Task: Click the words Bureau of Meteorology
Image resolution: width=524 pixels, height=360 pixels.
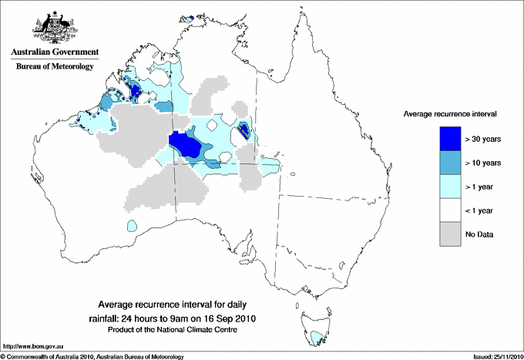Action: click(x=54, y=67)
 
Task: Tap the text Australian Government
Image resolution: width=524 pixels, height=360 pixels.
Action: click(x=54, y=52)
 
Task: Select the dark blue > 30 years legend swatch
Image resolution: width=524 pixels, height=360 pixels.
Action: click(x=450, y=139)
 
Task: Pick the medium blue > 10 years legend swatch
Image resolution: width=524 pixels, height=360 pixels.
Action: click(x=450, y=163)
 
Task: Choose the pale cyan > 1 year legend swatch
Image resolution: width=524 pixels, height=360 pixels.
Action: click(x=450, y=187)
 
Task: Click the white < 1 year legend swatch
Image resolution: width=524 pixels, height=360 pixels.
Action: click(x=450, y=210)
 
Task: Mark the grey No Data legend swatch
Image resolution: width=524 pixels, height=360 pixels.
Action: click(x=450, y=234)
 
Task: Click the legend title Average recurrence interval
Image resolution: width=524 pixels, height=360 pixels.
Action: click(x=450, y=113)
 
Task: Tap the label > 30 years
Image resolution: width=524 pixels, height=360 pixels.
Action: click(x=483, y=139)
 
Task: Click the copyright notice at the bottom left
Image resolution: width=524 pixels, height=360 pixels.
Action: click(x=92, y=356)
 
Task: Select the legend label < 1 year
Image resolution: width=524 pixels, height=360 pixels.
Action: click(x=482, y=210)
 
